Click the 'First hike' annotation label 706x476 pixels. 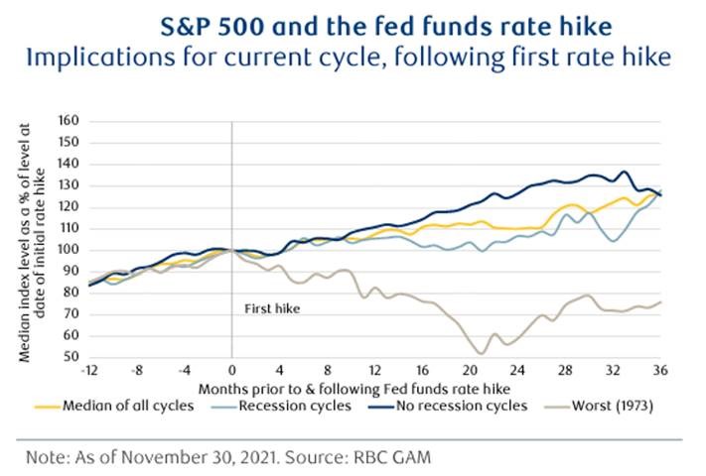click(272, 309)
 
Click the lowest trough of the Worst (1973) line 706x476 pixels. click(482, 353)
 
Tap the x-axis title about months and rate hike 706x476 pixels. click(375, 388)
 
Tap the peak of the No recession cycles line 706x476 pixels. click(625, 172)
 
